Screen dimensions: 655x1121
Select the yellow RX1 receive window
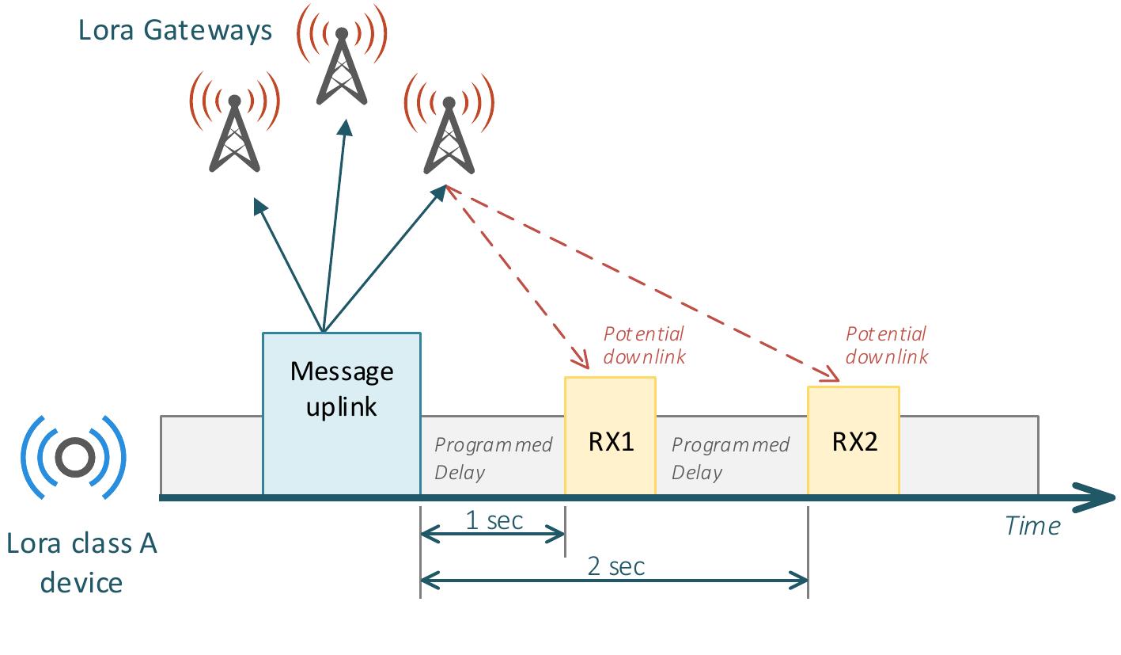coord(610,436)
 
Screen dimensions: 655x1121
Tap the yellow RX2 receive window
coord(853,441)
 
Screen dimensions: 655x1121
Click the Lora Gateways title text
coord(175,30)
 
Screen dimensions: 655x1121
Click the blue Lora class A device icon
coord(74,457)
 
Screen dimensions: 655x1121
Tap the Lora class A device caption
coord(81,563)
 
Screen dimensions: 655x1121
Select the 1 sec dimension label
coord(494,520)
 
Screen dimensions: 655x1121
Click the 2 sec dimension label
coord(615,566)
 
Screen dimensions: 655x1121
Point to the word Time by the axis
coord(1032,526)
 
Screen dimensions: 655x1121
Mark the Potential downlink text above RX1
coord(645,345)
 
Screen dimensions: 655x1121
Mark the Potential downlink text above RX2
coord(887,345)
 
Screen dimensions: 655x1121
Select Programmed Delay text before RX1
coord(492,458)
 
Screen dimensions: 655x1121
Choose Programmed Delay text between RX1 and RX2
coord(730,458)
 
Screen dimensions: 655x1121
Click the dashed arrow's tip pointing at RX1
coord(586,366)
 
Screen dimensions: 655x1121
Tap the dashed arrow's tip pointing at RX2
coord(835,378)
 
